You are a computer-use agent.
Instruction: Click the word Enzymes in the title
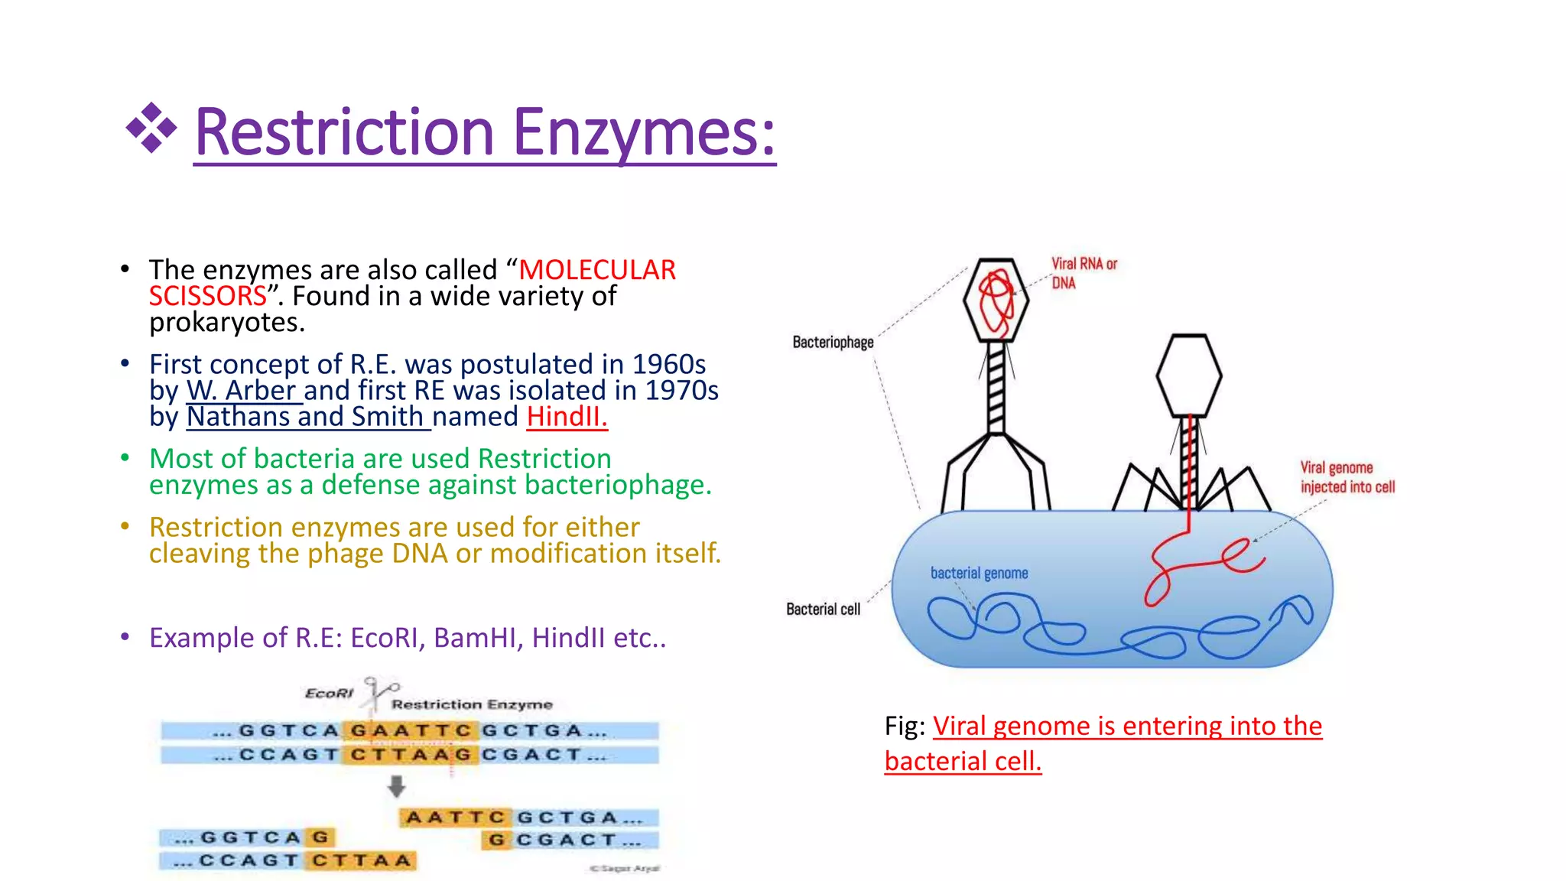tap(644, 133)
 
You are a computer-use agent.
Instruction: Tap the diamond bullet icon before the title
tap(151, 128)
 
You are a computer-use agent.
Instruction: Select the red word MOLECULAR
tap(597, 270)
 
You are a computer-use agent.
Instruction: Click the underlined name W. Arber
tap(242, 391)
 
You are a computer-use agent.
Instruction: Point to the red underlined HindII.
tap(567, 417)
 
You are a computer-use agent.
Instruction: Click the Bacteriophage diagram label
tap(833, 342)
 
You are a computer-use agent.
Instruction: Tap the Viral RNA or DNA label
tap(1084, 273)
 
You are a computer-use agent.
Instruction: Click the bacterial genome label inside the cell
tap(979, 573)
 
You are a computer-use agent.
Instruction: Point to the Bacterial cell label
tap(823, 610)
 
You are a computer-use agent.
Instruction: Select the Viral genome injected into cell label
tap(1347, 477)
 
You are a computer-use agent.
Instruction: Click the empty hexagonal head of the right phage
tap(1188, 375)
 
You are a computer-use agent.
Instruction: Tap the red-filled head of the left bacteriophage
tap(996, 300)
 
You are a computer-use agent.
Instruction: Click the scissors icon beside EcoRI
tap(379, 691)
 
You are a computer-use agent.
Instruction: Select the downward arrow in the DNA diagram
tap(396, 786)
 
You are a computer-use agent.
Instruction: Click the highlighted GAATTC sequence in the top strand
tap(411, 731)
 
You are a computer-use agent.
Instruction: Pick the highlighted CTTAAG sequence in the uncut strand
tap(411, 755)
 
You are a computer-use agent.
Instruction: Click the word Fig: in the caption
tap(905, 726)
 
